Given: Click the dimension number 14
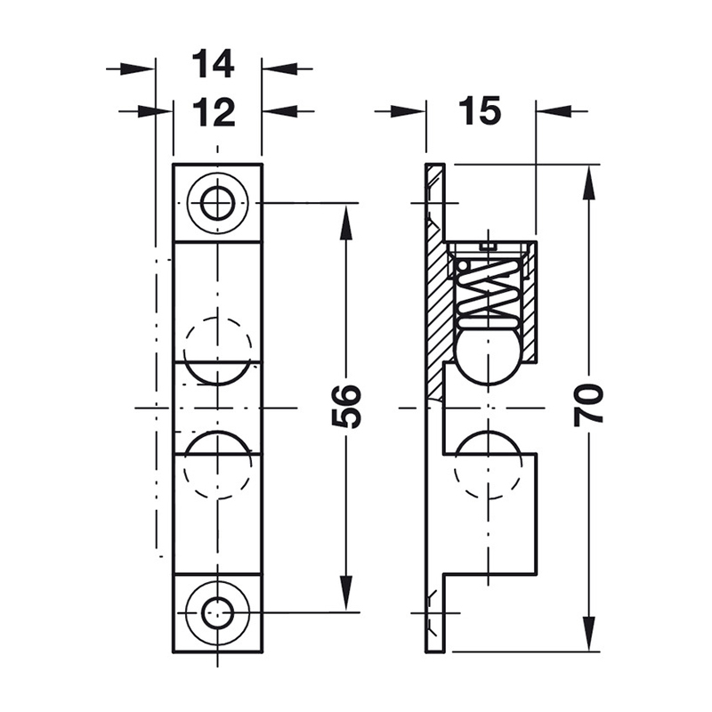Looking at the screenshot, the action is point(213,64).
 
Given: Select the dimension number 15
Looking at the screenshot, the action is point(480,110).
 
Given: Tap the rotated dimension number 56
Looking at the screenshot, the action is point(346,407).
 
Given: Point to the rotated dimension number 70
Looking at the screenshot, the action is point(588,405).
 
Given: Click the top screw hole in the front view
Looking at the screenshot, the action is point(218,203).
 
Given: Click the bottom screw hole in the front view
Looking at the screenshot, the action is point(218,613).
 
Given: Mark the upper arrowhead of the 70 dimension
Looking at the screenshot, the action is point(588,182).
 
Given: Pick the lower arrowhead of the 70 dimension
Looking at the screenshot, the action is point(588,634).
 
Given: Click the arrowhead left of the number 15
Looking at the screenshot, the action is point(408,110).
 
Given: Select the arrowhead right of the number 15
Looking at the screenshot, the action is point(554,110).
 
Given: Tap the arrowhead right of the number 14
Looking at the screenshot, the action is point(279,69).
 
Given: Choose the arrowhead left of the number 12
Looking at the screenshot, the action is point(155,110).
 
